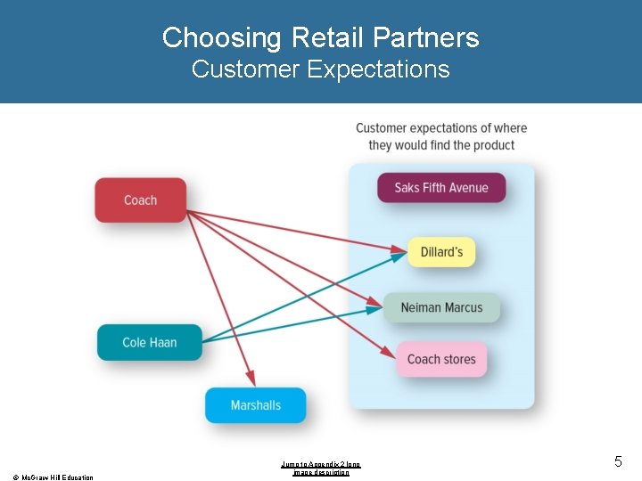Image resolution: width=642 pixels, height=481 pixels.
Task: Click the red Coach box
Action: coord(140,200)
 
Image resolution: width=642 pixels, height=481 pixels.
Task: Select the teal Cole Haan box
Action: coord(149,342)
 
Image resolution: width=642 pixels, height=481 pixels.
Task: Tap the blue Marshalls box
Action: coord(255,405)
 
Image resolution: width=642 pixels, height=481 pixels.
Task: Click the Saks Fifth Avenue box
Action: coord(441,188)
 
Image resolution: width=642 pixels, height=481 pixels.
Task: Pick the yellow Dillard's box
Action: coord(441,252)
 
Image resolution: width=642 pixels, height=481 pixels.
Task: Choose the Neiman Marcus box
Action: coord(441,307)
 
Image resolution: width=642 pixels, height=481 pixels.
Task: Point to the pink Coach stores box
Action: coord(441,359)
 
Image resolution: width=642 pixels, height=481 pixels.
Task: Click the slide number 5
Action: coord(618,461)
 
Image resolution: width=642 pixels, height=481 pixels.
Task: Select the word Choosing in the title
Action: coord(221,37)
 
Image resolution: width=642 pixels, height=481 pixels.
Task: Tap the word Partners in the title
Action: coord(426,37)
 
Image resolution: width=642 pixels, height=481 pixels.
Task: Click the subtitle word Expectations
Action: coord(378,69)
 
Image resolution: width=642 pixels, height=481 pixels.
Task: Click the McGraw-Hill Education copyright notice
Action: coord(53,477)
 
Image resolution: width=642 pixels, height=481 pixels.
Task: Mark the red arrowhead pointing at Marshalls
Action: coord(251,380)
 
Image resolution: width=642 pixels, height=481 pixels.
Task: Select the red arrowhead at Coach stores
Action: coord(390,353)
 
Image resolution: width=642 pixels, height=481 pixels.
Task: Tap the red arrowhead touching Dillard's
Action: coord(401,249)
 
